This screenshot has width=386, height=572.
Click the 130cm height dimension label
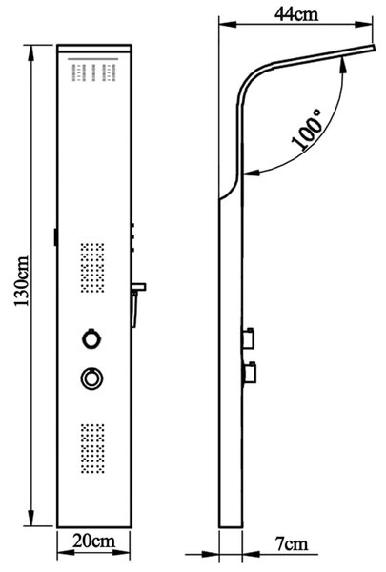point(21,281)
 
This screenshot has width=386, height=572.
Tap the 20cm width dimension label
point(93,541)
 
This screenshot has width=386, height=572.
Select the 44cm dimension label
point(296,14)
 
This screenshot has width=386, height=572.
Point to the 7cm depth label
point(292,544)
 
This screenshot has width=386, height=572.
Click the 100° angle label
point(308,130)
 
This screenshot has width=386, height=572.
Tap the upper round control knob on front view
point(91,338)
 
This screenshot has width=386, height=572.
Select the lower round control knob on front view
point(91,378)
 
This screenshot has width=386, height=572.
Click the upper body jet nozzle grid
point(92,268)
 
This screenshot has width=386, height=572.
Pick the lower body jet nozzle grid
point(92,448)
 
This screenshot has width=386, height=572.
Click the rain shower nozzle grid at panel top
point(93,72)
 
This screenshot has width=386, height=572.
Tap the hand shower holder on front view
point(138,304)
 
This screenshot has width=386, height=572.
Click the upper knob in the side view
point(249,338)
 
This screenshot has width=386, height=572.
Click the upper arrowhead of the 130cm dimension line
point(31,51)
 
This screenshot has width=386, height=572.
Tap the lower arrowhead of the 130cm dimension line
point(31,518)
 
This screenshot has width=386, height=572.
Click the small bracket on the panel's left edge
point(55,236)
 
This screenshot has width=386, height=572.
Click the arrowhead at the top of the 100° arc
point(343,66)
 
